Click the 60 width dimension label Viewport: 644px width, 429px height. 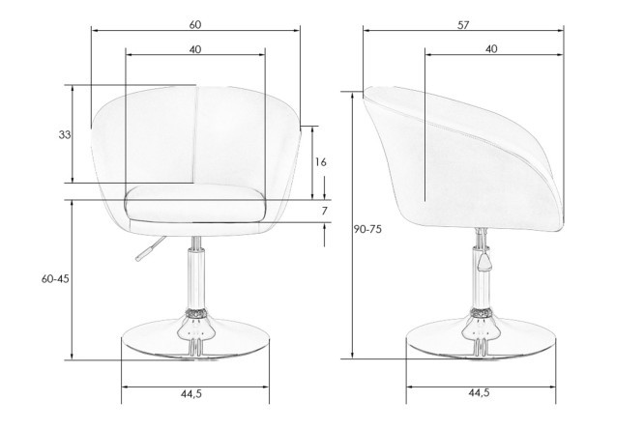[x=195, y=24]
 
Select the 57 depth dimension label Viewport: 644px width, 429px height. [x=463, y=25]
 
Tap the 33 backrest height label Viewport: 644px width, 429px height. [x=65, y=134]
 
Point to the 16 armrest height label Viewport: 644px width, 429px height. [x=321, y=162]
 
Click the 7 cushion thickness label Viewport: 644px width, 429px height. [x=325, y=211]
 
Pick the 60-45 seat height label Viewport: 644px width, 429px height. [x=55, y=279]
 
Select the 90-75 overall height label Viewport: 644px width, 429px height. [x=367, y=229]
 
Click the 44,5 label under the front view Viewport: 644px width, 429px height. [x=191, y=393]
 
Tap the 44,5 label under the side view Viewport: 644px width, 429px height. [x=479, y=393]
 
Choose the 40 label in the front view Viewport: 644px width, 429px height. [x=195, y=49]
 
